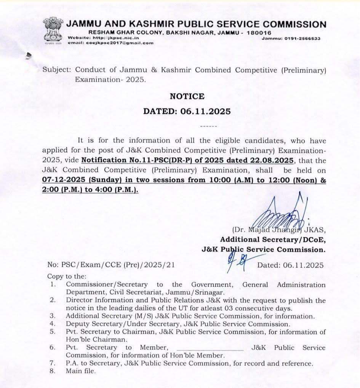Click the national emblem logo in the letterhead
[52, 31]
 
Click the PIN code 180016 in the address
[259, 33]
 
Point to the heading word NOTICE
[187, 96]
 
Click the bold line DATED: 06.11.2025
[187, 111]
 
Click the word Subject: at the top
[57, 70]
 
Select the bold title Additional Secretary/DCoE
[273, 240]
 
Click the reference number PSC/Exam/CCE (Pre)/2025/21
[118, 265]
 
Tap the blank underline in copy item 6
[210, 348]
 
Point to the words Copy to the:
[67, 276]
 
